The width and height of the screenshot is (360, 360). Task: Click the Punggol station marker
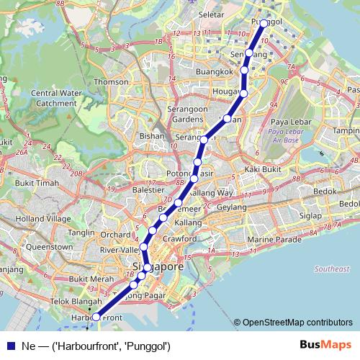[x=264, y=23]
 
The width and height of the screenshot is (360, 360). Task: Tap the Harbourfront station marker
[x=96, y=316]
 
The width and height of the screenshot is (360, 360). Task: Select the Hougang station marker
[x=243, y=93]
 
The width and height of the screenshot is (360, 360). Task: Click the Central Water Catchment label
[x=54, y=98]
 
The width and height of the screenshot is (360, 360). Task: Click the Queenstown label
[x=48, y=246]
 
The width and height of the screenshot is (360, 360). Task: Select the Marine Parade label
[x=274, y=239]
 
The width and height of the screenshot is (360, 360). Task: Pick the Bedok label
[x=325, y=192]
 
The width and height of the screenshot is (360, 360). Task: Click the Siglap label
[x=310, y=215]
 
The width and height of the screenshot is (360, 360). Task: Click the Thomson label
[x=110, y=82]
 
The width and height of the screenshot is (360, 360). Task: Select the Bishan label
[x=153, y=135]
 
